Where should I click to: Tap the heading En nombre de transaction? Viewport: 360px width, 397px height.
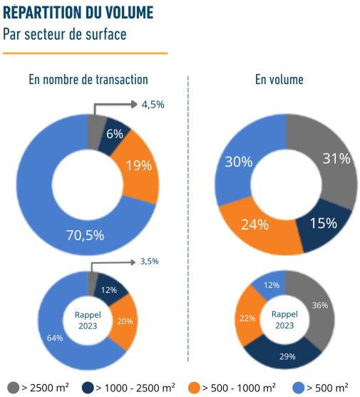[88, 80]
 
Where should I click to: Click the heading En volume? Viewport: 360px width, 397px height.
[279, 80]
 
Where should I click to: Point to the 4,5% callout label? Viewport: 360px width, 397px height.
[153, 104]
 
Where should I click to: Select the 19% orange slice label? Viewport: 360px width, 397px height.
[139, 165]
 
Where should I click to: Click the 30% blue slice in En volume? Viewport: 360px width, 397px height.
[239, 162]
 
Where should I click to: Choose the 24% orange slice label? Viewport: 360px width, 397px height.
[254, 225]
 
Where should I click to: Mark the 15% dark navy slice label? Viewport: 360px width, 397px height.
[323, 223]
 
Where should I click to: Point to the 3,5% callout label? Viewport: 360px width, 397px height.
[149, 262]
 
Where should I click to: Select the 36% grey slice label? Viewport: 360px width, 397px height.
[320, 306]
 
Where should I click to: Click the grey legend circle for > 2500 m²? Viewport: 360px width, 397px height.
[11, 388]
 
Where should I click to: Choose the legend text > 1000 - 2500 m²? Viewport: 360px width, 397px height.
[135, 388]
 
